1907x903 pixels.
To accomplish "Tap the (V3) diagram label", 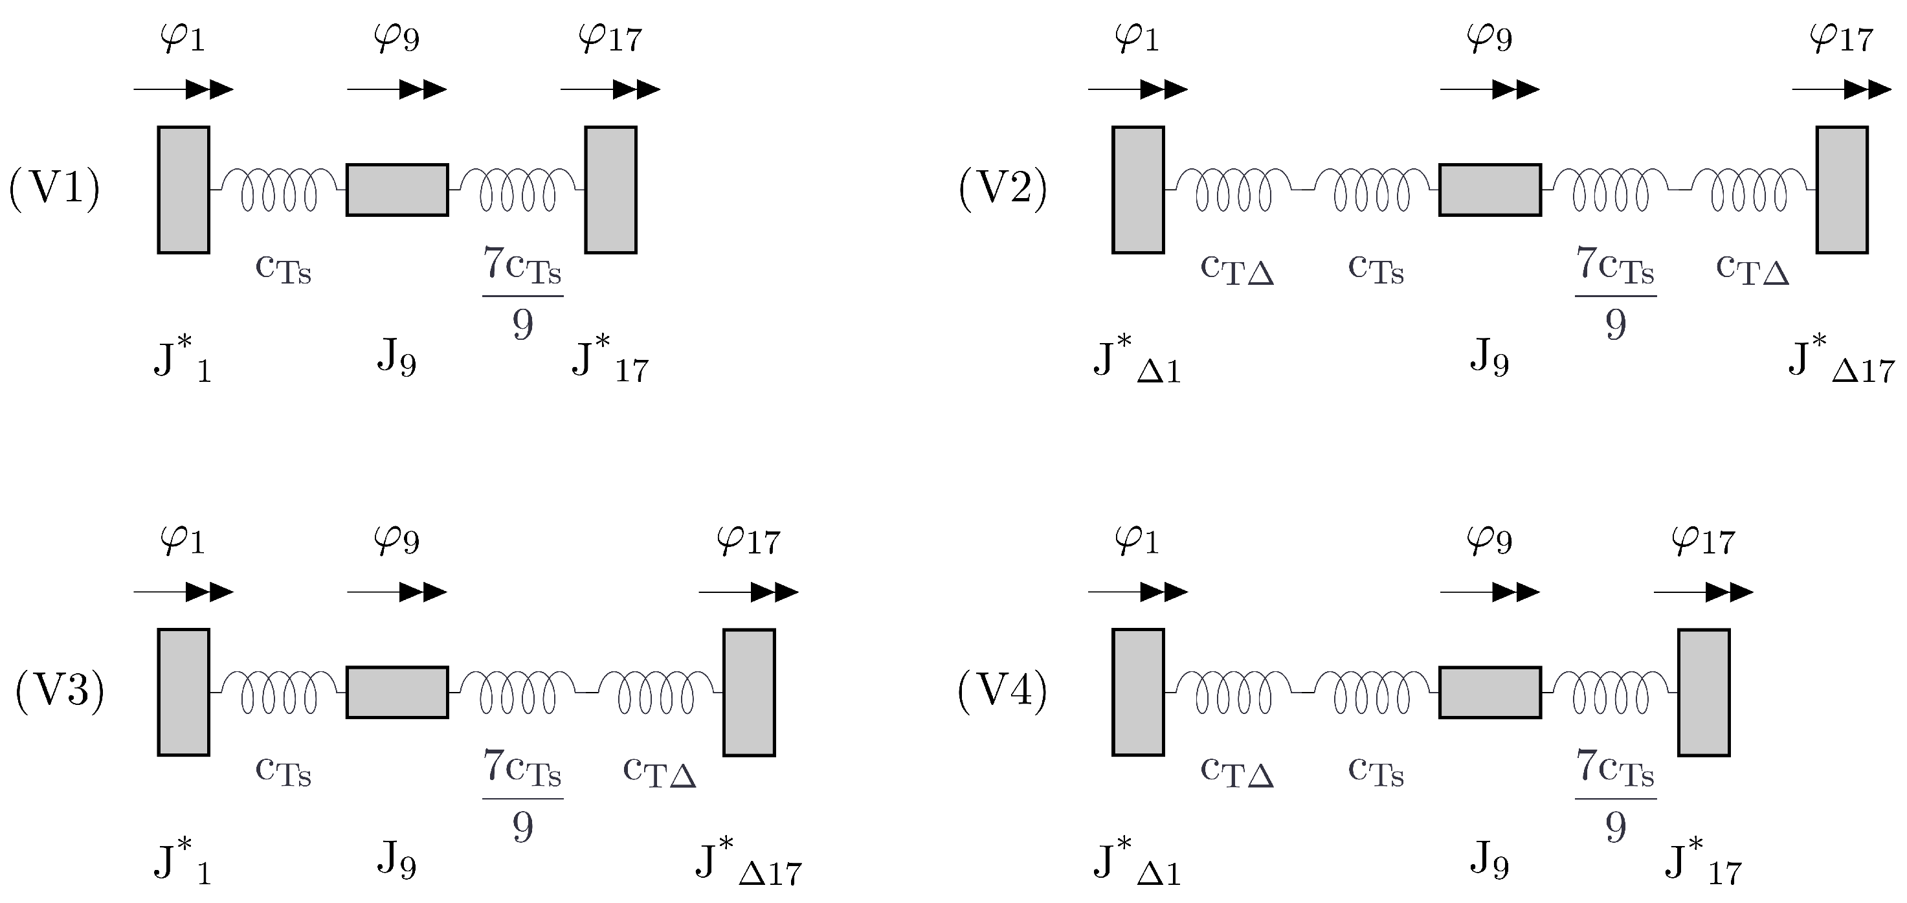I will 59,691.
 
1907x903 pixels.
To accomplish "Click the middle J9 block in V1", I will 397,190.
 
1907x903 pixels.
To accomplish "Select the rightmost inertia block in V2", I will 1842,190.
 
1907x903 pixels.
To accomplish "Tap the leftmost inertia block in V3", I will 184,692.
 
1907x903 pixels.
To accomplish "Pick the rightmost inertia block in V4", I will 1704,692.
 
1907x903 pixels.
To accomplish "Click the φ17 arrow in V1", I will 610,89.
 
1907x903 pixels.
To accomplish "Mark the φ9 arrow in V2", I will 1489,89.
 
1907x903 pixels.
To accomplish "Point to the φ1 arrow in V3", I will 184,592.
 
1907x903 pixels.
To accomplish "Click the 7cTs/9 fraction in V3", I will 522,796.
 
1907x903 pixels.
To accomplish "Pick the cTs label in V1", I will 283,269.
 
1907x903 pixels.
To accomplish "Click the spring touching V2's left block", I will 1233,190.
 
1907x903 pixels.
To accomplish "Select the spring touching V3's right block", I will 656,692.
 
